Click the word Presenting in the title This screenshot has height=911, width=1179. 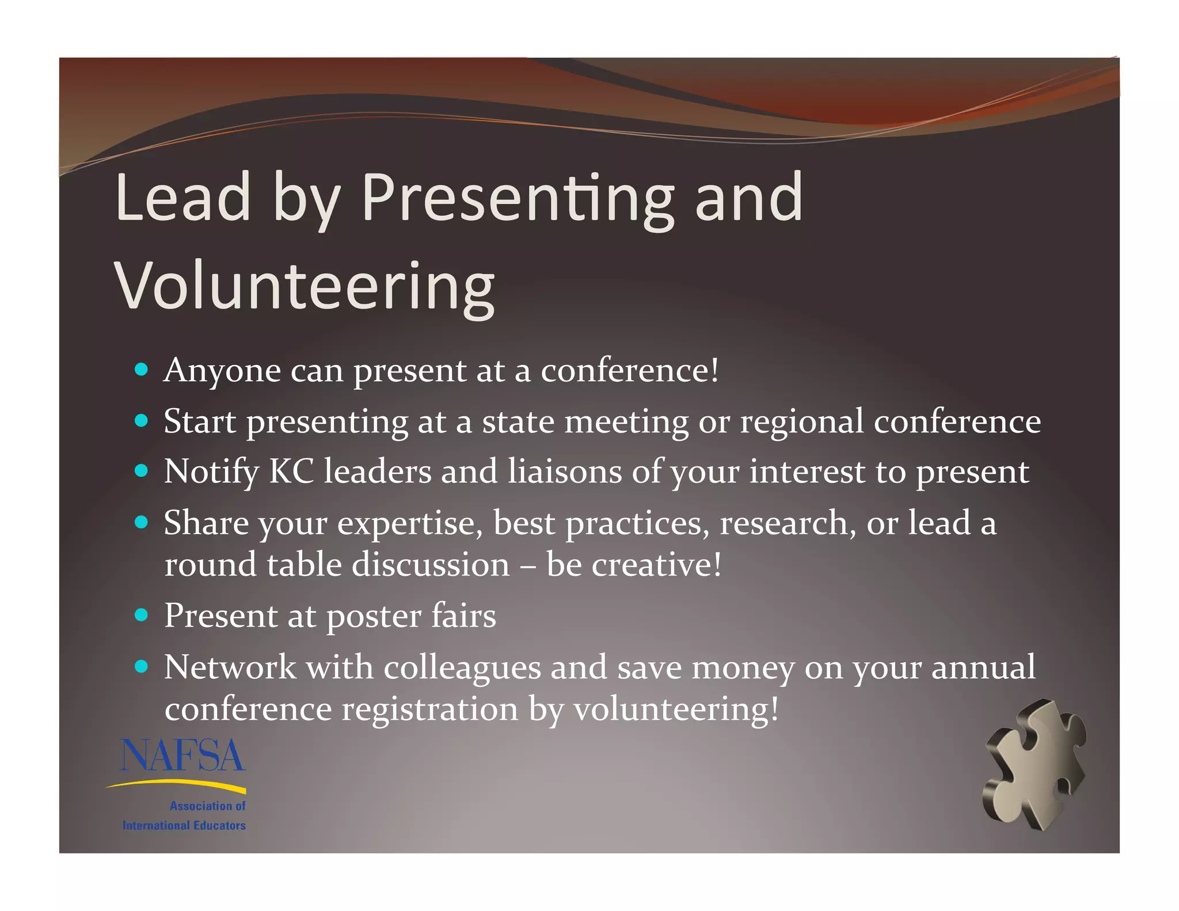517,199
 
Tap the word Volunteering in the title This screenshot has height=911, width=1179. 304,286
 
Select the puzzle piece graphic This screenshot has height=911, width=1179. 1035,764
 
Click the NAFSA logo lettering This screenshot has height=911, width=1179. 182,756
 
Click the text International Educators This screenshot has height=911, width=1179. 184,825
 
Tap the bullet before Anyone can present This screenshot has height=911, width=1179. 141,369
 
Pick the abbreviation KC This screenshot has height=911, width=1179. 291,471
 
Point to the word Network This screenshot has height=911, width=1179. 230,667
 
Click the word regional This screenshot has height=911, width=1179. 801,422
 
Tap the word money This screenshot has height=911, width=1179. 743,668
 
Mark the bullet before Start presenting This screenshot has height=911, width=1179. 141,420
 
